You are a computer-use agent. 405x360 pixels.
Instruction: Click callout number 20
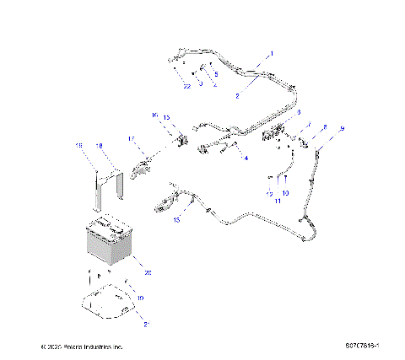coord(148,272)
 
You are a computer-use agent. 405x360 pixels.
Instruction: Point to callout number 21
coord(148,323)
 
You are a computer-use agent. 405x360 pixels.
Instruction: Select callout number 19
coord(141,298)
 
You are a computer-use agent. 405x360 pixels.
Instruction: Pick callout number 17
coord(131,137)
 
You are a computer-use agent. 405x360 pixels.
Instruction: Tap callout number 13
coord(176,219)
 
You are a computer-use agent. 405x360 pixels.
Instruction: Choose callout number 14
coord(245,158)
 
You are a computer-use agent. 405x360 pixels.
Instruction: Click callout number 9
coord(342,128)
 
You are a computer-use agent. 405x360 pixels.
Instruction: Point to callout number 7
coord(309,124)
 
